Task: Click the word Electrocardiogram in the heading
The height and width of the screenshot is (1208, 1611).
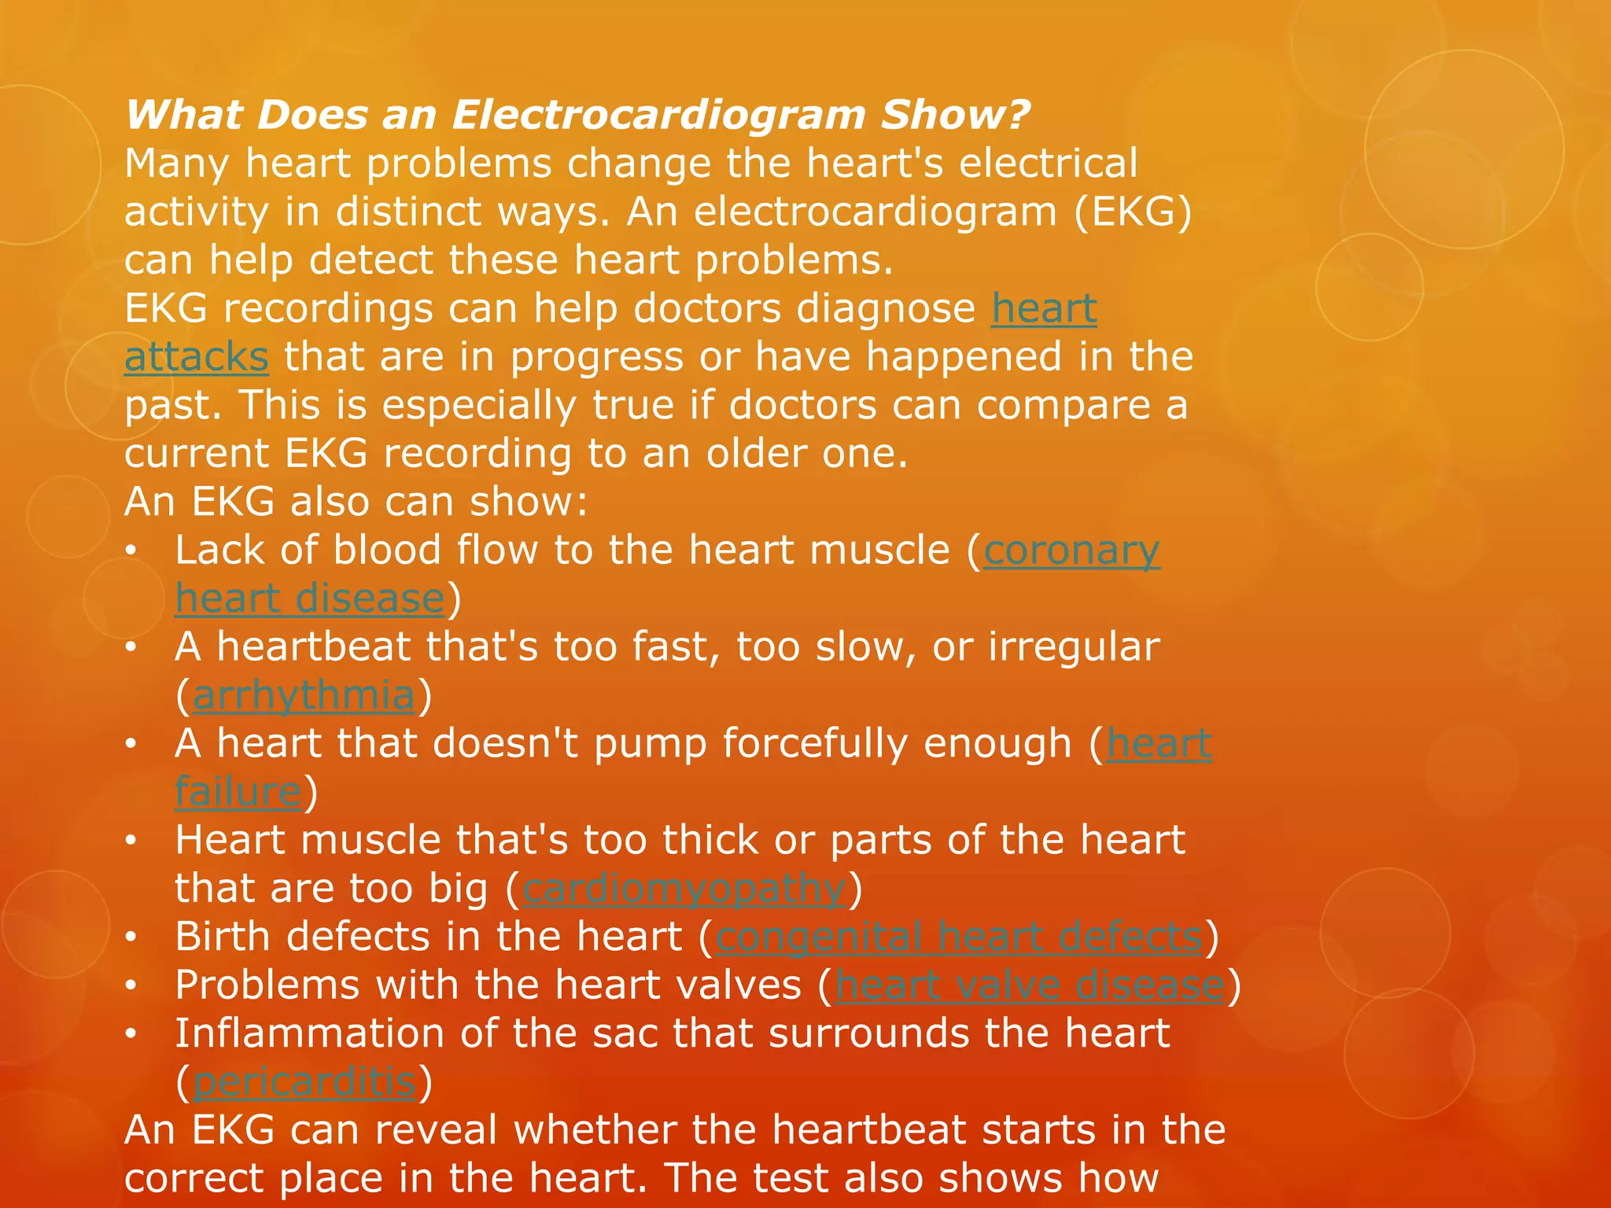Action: click(658, 116)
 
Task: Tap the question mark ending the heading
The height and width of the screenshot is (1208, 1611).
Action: click(1016, 116)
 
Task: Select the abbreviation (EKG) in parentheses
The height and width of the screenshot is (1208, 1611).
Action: click(1134, 212)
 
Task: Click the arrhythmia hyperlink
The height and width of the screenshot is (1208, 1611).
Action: click(304, 696)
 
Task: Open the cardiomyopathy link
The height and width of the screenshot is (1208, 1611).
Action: click(684, 889)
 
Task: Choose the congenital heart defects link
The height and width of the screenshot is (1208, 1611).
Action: click(959, 937)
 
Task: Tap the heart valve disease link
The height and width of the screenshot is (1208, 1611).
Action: click(1030, 985)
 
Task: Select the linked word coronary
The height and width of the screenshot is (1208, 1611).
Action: click(1071, 551)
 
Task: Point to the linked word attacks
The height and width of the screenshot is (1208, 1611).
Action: click(197, 358)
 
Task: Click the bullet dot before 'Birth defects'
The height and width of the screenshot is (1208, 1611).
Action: click(131, 938)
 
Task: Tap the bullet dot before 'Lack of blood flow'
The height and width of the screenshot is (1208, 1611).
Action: click(131, 551)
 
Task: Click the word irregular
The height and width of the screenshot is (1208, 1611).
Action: click(1074, 647)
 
